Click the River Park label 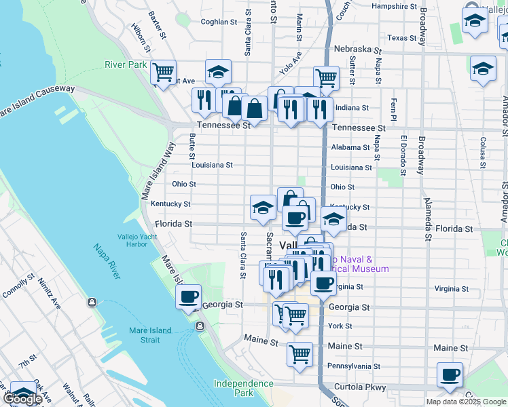click(x=126, y=65)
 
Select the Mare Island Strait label click(x=150, y=335)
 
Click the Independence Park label click(x=244, y=388)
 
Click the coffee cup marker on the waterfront click(x=188, y=296)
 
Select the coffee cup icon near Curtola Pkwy click(x=449, y=374)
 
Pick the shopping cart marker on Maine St click(x=300, y=353)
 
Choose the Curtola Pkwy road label click(x=365, y=388)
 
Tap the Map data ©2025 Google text click(x=466, y=402)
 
